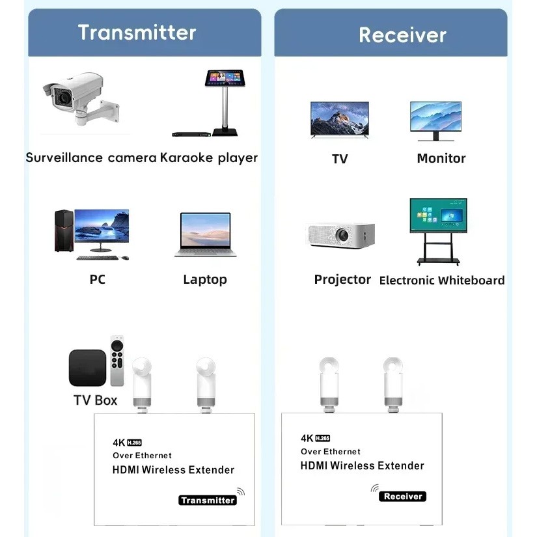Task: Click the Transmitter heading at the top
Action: pos(137,33)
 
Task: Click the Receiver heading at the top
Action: pos(402,34)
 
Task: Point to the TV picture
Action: pos(339,120)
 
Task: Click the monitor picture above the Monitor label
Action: pos(435,120)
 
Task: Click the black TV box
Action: pos(87,368)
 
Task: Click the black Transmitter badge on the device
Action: pos(207,500)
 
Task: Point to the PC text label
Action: pos(97,279)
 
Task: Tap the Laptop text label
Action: pos(205,279)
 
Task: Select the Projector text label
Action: pos(342,279)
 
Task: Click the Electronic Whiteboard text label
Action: pos(442,281)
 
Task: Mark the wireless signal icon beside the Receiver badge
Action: pos(374,489)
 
